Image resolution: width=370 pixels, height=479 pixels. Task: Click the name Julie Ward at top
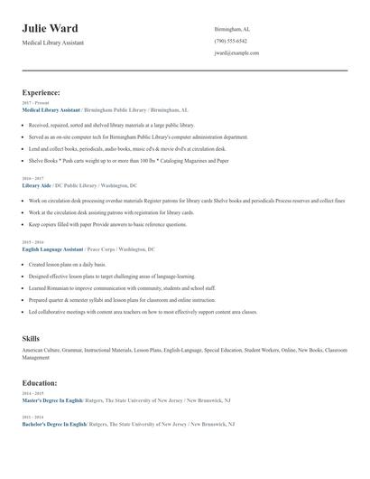click(x=50, y=28)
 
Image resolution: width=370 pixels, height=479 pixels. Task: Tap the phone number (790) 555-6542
click(x=230, y=41)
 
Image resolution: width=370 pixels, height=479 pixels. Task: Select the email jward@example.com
click(x=236, y=52)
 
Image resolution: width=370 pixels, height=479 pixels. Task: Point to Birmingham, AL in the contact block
click(x=232, y=29)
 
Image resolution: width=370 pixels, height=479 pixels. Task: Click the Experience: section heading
click(x=42, y=92)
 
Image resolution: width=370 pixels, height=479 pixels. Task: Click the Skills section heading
click(x=31, y=338)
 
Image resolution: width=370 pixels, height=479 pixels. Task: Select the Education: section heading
click(x=40, y=382)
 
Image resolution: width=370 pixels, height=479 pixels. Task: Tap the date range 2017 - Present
click(x=36, y=103)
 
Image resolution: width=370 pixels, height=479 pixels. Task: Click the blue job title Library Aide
click(x=36, y=185)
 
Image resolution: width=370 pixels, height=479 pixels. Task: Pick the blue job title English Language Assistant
click(x=52, y=249)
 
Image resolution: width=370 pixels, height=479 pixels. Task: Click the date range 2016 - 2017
click(x=34, y=179)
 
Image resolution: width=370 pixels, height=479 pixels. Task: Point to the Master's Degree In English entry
click(x=52, y=399)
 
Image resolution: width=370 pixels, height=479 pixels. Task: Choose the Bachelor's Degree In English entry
click(x=54, y=424)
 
